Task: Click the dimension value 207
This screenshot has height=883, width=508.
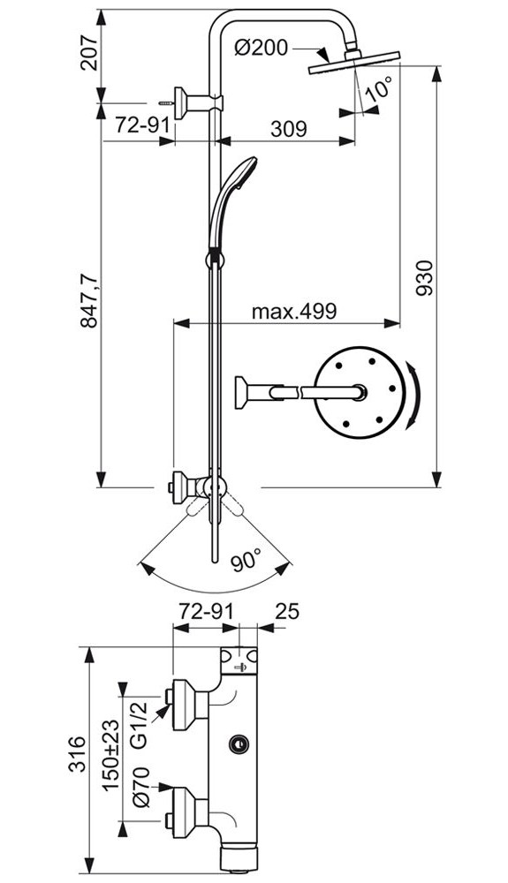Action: (x=89, y=52)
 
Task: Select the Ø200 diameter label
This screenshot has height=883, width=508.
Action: (x=261, y=48)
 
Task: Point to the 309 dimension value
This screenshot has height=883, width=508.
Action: (x=289, y=129)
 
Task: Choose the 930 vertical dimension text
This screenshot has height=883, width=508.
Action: (x=426, y=277)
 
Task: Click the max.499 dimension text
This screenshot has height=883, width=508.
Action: (x=293, y=311)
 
